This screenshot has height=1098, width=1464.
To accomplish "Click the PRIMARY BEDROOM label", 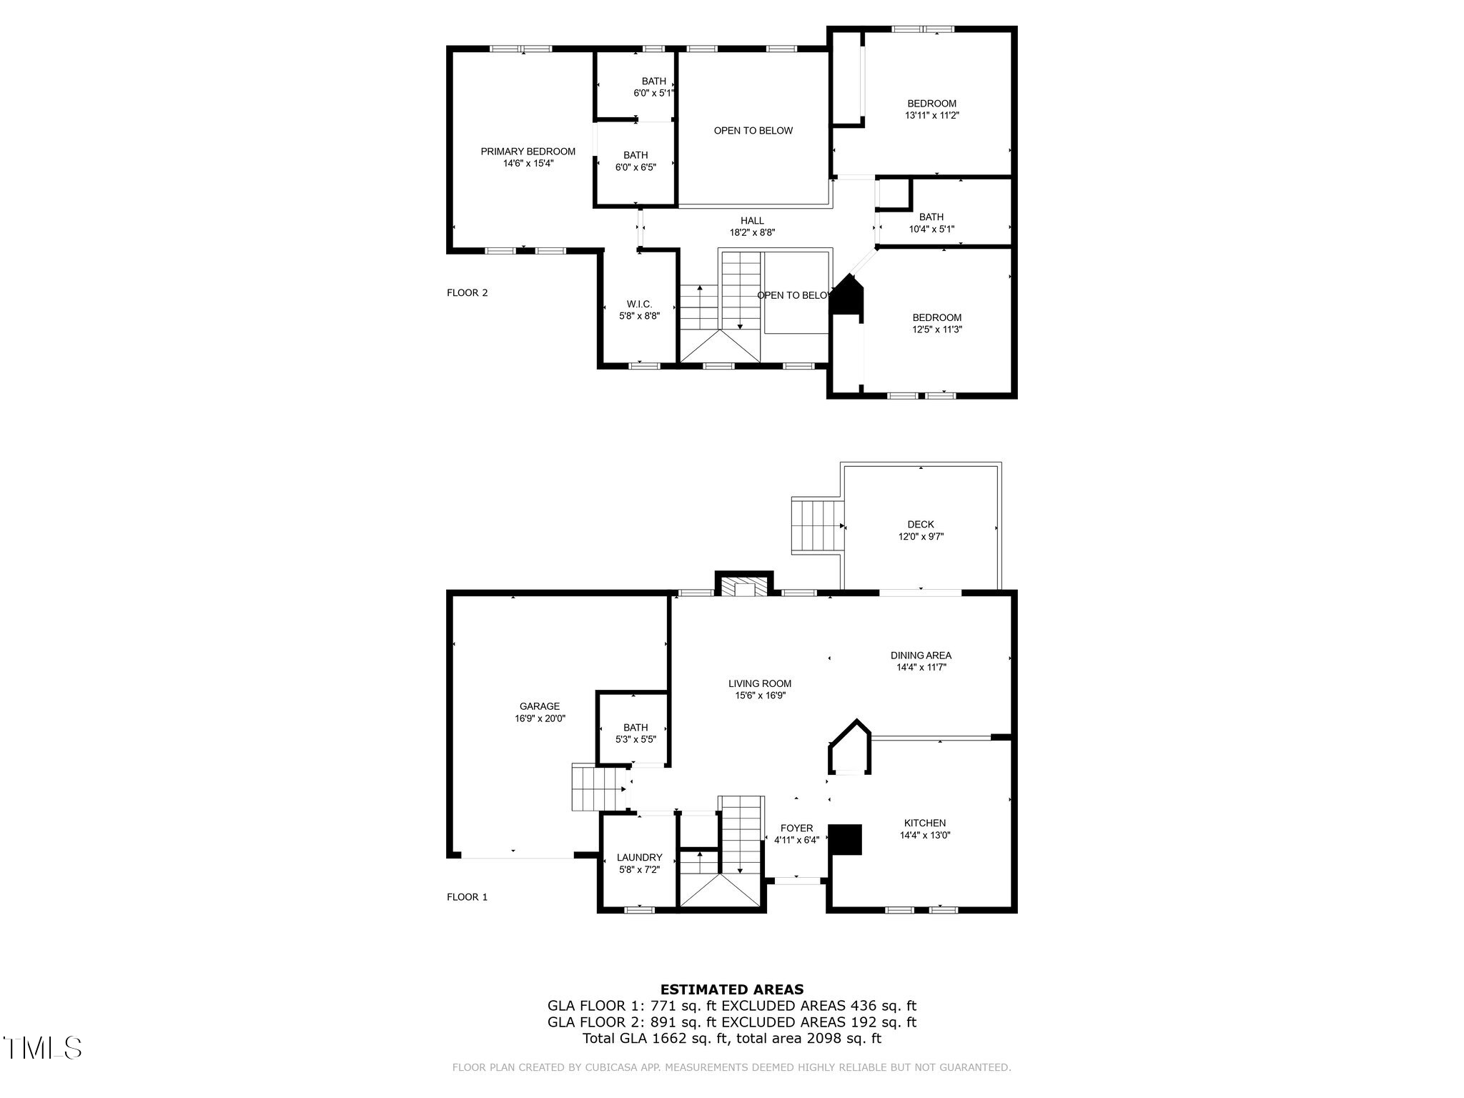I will pos(528,152).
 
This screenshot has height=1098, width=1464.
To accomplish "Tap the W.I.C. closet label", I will pos(639,305).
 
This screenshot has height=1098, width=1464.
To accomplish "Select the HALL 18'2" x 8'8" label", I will pos(752,227).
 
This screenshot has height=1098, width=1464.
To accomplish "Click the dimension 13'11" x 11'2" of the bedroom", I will pos(932,115).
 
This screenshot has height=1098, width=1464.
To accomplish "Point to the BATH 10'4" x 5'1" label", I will pos(931,223).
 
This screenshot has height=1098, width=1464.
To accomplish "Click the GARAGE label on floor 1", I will pos(540,706).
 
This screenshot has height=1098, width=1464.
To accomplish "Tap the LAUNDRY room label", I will pos(639,857).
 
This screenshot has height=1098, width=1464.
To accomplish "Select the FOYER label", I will pos(796,829).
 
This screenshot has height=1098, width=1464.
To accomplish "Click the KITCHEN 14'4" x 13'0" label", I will pos(924,829).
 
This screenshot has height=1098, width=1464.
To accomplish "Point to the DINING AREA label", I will pos(921,655).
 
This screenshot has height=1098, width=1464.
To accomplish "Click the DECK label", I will pos(921,525).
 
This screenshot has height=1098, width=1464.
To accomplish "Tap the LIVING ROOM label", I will pos(760,683).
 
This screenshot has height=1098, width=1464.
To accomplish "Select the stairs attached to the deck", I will pos(817,526).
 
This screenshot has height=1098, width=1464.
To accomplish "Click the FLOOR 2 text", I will pos(467,292).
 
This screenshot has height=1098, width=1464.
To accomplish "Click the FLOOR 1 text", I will pos(467,897).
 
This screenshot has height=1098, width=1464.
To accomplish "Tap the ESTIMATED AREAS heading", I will pos(731,990).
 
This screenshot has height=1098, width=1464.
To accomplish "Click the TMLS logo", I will pos(43,1048).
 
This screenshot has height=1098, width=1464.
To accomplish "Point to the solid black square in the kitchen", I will pos(846,839).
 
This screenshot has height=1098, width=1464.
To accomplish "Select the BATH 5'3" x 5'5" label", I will pos(635,733).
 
